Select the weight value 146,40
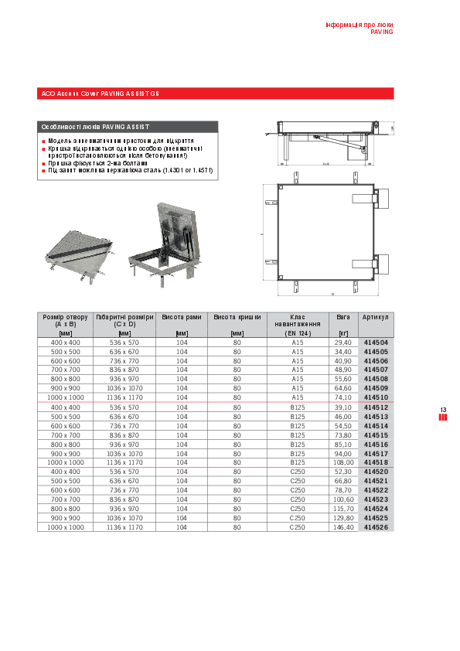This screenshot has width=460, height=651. [x=342, y=527]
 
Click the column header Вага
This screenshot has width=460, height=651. [x=342, y=318]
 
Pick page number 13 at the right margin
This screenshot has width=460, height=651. [x=443, y=410]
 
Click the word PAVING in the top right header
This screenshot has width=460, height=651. [x=381, y=33]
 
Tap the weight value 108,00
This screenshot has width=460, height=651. [x=342, y=462]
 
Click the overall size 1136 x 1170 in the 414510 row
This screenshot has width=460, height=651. [x=124, y=397]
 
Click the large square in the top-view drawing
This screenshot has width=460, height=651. [x=325, y=233]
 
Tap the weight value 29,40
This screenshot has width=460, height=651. [x=342, y=342]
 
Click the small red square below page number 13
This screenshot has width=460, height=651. [x=443, y=418]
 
